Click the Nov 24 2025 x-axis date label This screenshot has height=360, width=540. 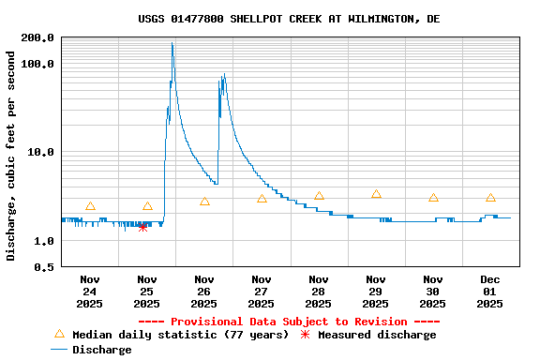(x=90, y=291)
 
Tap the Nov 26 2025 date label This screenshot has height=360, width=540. (x=204, y=291)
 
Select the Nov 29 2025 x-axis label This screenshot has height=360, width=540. (x=376, y=291)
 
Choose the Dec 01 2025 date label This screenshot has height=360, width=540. (x=490, y=291)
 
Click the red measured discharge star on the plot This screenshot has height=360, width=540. (x=142, y=227)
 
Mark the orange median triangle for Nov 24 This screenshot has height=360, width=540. (x=90, y=206)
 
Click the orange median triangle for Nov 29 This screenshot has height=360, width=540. (x=376, y=194)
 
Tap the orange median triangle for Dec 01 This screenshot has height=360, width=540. (x=490, y=198)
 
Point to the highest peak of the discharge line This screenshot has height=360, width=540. (x=172, y=43)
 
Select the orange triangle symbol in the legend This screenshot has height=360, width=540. (x=59, y=334)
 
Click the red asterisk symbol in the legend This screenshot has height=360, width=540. (x=305, y=335)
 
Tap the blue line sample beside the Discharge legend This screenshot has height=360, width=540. (x=59, y=350)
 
